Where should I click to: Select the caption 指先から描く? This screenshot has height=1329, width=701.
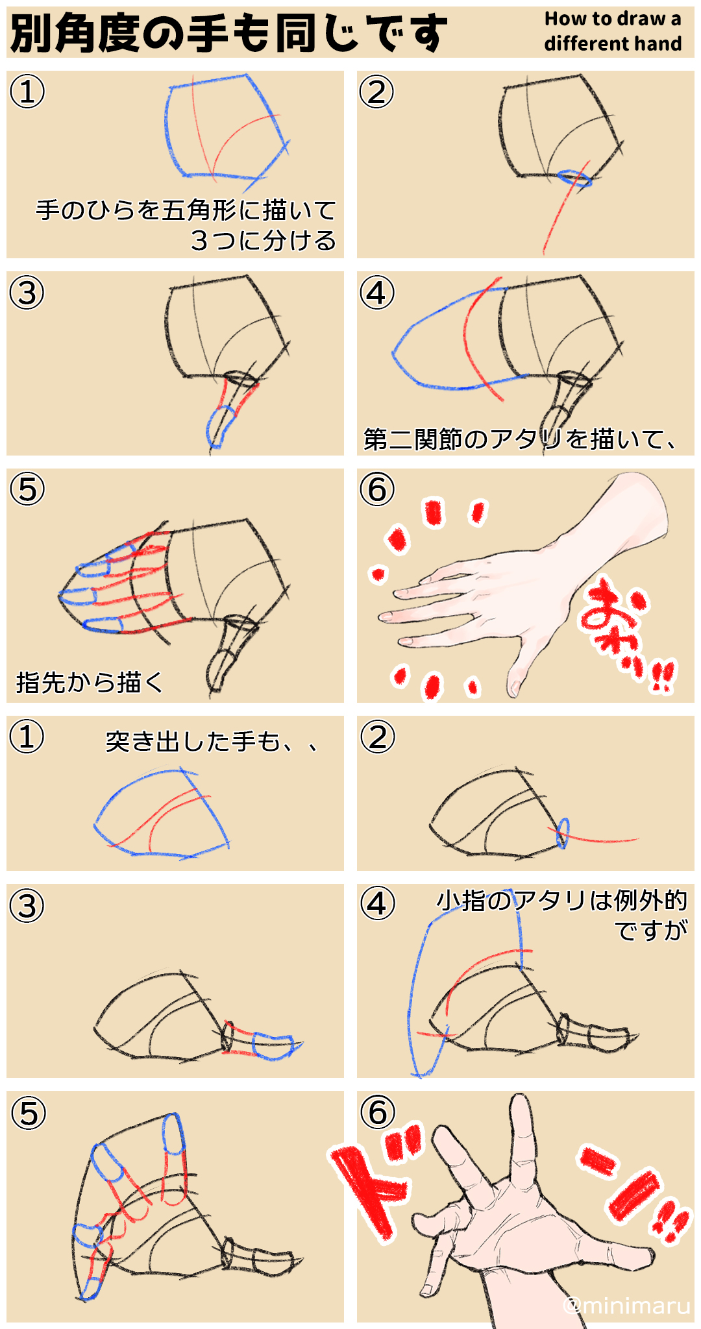(90, 682)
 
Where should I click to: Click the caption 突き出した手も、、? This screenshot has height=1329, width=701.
(211, 741)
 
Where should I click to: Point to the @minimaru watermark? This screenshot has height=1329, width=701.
(627, 1304)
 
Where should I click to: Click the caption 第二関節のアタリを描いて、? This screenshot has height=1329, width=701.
(519, 439)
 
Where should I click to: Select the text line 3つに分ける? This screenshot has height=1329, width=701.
(263, 240)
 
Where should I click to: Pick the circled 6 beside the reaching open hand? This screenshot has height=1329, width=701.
(378, 1112)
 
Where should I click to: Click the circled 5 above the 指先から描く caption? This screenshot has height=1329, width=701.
(27, 489)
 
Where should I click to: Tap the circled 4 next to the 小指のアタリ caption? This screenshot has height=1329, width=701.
(378, 903)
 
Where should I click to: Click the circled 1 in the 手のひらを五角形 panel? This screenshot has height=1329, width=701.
(27, 91)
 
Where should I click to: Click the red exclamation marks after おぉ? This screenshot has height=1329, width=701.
(662, 676)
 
